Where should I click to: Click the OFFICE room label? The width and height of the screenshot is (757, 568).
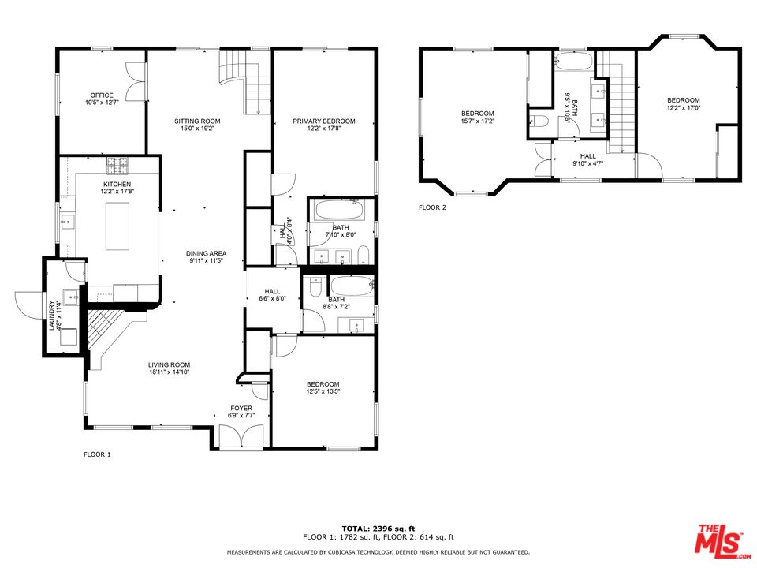102,95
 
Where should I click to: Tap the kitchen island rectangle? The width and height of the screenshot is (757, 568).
117,226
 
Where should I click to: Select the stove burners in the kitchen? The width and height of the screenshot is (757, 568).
117,166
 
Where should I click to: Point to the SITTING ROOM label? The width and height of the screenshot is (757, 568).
197,121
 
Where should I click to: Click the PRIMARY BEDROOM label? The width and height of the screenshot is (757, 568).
324,121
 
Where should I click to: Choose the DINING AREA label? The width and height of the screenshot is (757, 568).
206,253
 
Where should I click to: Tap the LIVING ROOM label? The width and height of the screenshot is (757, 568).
169,365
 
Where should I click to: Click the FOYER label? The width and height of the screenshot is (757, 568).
241,409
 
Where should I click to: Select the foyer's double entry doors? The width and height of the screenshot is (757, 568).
241,436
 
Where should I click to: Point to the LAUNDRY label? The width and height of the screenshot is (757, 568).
52,316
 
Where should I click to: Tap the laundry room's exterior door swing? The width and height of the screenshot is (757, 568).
29,305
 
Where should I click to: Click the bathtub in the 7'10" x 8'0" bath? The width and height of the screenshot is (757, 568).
338,210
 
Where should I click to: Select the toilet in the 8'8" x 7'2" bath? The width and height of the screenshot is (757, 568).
315,287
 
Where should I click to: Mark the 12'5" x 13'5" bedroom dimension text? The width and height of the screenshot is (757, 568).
323,392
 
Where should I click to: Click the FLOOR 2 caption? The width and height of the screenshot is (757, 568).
433,207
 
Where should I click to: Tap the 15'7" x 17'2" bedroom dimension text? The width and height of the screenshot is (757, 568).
478,121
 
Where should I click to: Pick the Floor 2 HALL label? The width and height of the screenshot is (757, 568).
588,156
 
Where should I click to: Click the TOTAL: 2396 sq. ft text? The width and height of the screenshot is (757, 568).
378,529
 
